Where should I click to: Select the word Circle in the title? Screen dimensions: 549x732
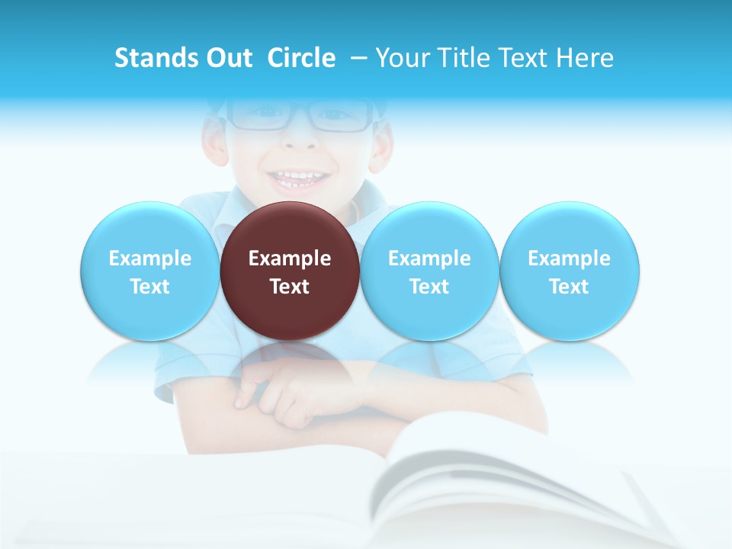click(x=301, y=58)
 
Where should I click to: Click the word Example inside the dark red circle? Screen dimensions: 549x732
click(x=290, y=258)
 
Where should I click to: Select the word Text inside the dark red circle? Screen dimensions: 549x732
click(x=290, y=287)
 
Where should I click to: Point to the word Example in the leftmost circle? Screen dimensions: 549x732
click(x=149, y=258)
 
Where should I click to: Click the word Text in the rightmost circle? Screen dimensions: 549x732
click(x=570, y=287)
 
